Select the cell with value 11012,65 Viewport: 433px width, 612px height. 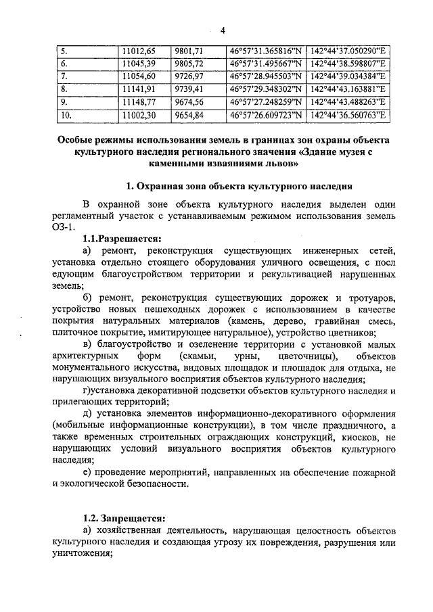tap(137, 51)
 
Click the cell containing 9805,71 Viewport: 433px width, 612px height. tap(189, 63)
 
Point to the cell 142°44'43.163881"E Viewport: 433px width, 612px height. tap(348, 89)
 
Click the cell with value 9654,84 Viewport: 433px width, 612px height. tap(189, 115)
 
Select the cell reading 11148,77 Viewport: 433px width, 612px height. tap(137, 101)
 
